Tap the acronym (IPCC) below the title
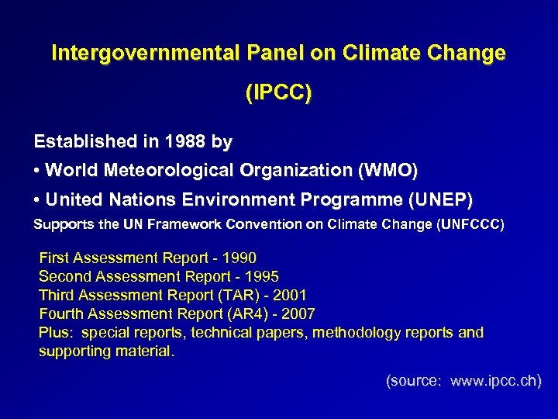coord(278,94)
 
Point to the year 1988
coord(184,142)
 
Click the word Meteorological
coord(174,170)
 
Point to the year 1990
coord(239,258)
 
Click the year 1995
coord(262,276)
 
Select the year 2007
coord(298,313)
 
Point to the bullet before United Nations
coord(37,200)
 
